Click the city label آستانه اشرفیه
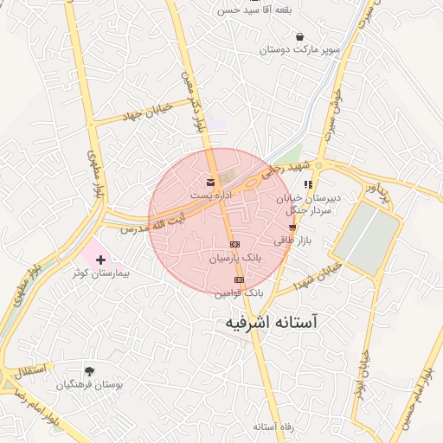click(x=266, y=323)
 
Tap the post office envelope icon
click(x=211, y=182)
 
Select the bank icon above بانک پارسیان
click(x=234, y=245)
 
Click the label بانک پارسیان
click(x=234, y=259)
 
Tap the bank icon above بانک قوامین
click(x=240, y=280)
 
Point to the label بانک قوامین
click(x=239, y=293)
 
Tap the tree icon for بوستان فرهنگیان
click(x=89, y=370)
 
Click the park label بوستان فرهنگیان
click(x=88, y=384)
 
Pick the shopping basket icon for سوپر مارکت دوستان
click(x=299, y=37)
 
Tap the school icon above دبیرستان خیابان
click(x=308, y=184)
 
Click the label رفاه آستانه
click(x=275, y=427)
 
